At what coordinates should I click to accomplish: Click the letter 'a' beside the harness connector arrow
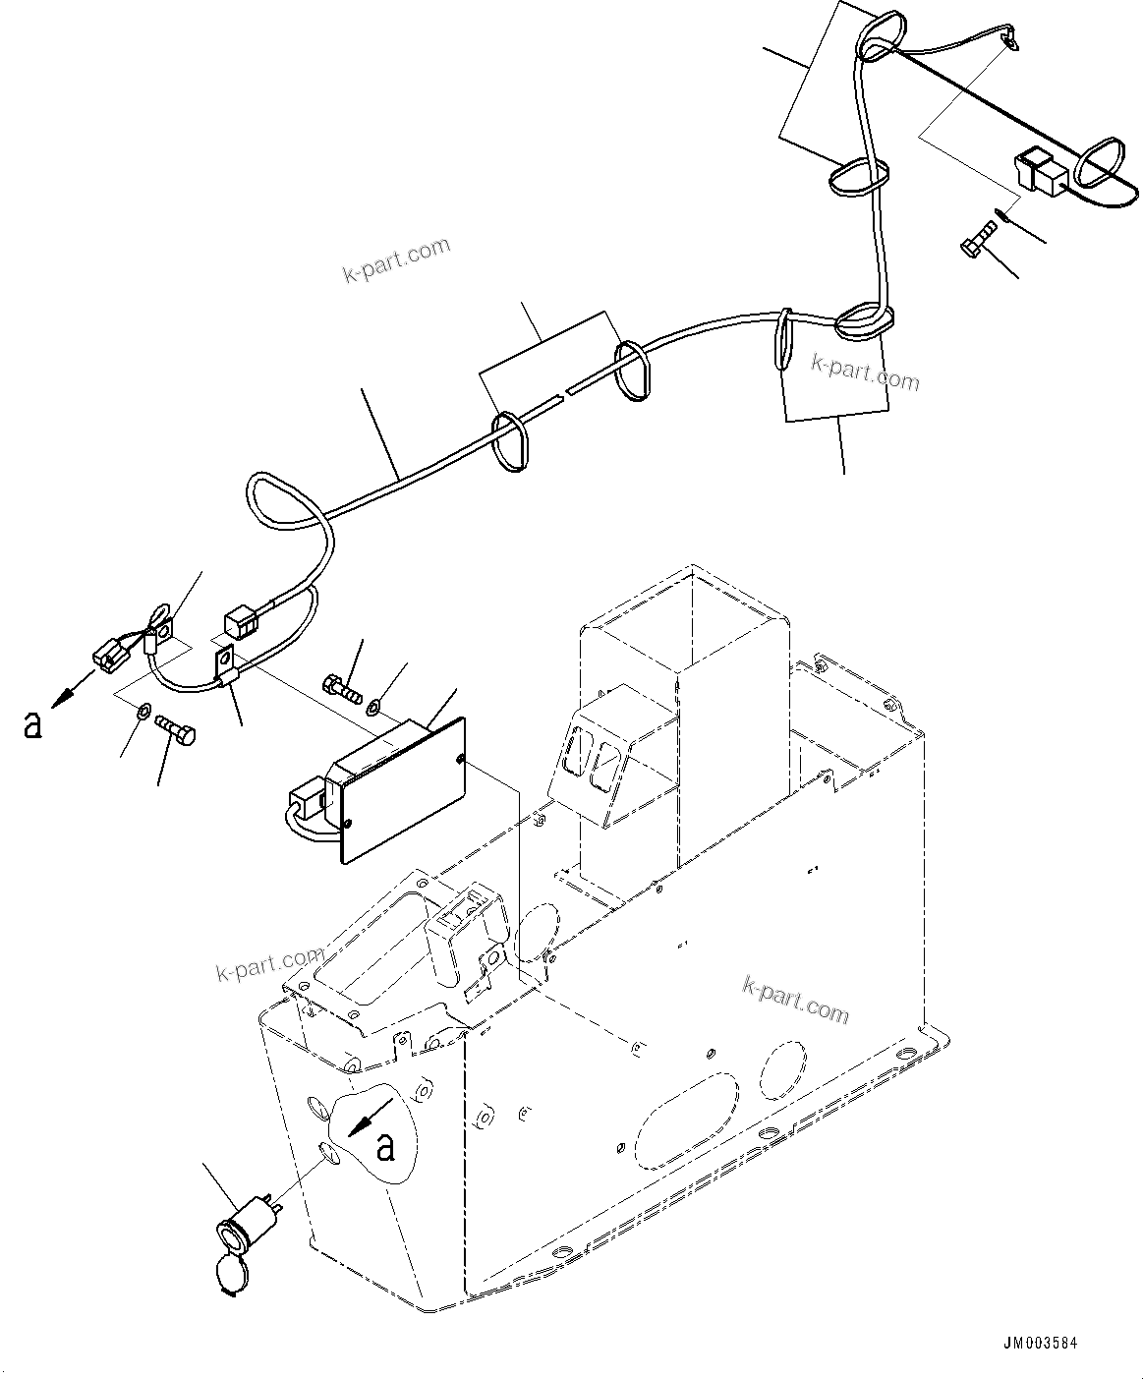33,724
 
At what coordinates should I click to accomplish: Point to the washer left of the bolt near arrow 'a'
143,711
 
